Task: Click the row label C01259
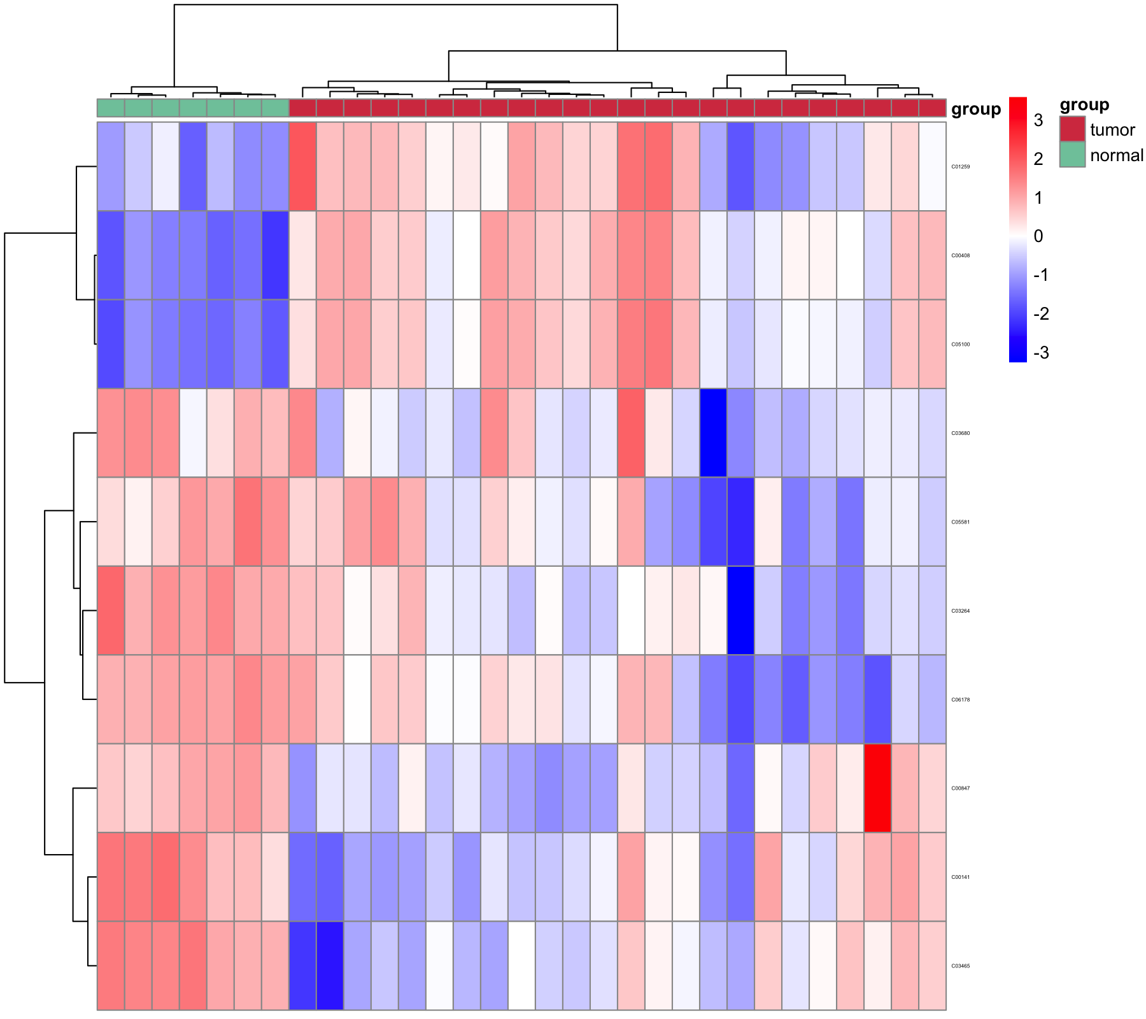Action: pos(960,167)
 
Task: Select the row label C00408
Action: pos(960,255)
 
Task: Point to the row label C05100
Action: pos(960,345)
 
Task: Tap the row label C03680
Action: pos(960,433)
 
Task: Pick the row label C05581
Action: pos(960,522)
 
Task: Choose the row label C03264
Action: pos(960,611)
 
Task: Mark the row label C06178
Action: pos(960,699)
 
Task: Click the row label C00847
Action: pos(960,788)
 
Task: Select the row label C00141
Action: pos(960,877)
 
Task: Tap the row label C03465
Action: pos(960,966)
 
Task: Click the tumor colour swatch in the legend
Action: pos(1072,129)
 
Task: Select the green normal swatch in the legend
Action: pos(1072,154)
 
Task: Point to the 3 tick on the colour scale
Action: pos(1038,120)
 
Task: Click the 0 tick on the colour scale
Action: pos(1038,236)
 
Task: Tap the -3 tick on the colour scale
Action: pos(1040,353)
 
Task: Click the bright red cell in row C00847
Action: pos(877,788)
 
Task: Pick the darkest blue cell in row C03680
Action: pos(713,433)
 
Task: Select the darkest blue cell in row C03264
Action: pos(740,611)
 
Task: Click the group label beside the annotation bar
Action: pos(975,109)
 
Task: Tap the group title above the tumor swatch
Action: pos(1084,104)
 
